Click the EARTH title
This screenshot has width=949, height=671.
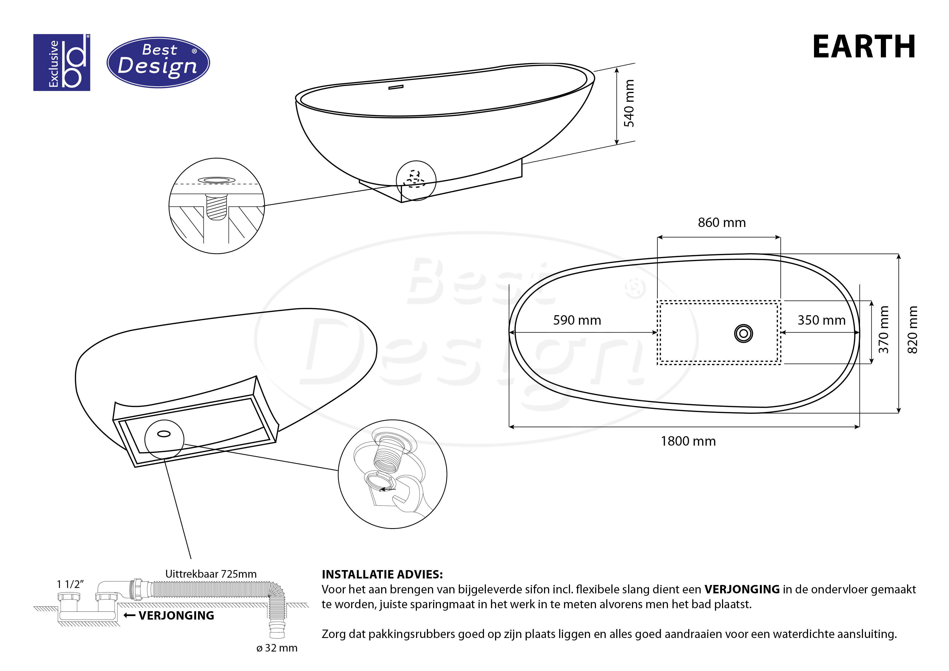tap(864, 47)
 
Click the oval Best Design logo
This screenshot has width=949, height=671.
tap(158, 63)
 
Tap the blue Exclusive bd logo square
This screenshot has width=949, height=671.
tap(62, 63)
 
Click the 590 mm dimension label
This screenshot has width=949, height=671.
tap(577, 320)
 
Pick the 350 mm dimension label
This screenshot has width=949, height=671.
tap(821, 320)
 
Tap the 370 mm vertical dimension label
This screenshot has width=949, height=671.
tap(883, 330)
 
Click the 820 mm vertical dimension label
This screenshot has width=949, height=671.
tap(912, 330)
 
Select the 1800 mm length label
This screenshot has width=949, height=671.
tap(688, 441)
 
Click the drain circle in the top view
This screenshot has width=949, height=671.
tap(743, 334)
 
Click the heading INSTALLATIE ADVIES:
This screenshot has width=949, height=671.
tap(382, 574)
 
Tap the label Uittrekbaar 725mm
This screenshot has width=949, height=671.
tap(211, 574)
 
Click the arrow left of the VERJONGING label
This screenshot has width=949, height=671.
tap(129, 616)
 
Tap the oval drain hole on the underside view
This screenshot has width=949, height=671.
tap(164, 434)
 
